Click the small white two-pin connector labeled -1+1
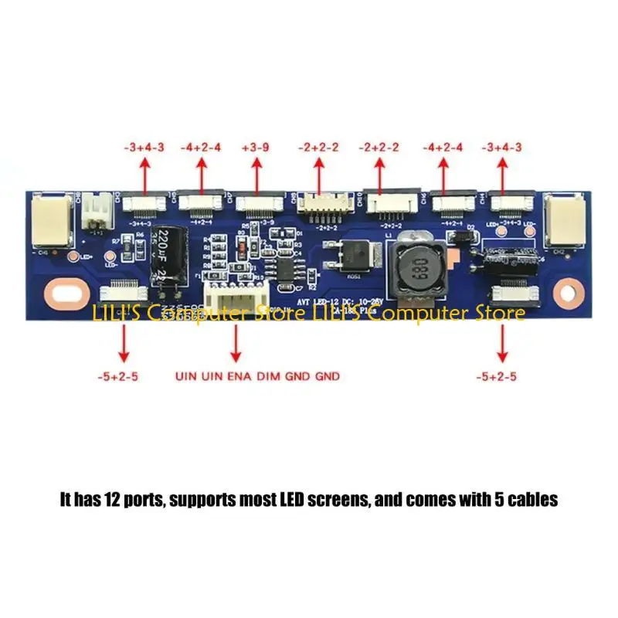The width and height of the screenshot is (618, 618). tap(97, 208)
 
